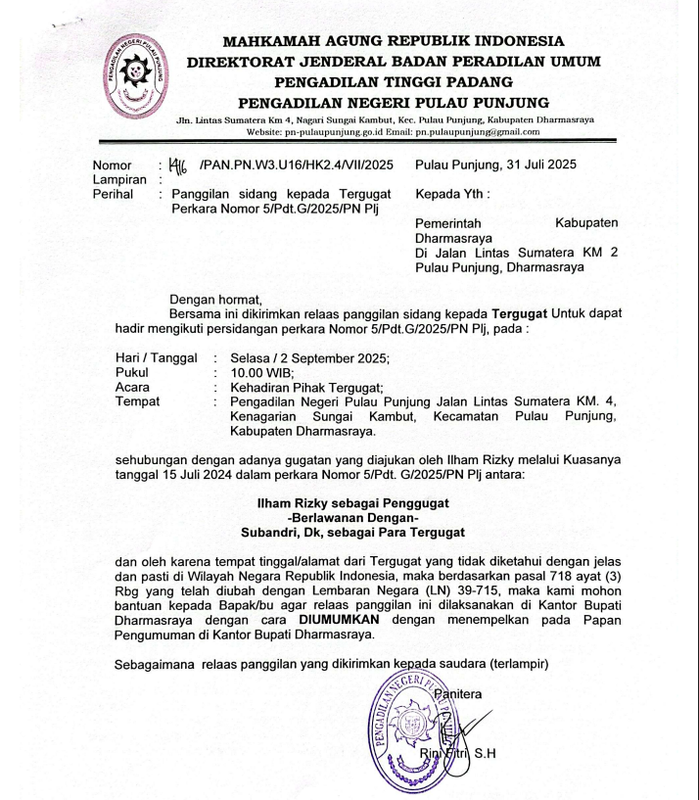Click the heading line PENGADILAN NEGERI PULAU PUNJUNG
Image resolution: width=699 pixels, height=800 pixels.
click(x=394, y=103)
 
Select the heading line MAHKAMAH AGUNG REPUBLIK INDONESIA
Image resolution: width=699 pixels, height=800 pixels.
click(x=394, y=41)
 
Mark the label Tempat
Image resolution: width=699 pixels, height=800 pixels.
click(x=137, y=401)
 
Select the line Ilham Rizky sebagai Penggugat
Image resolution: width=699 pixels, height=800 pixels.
click(x=352, y=505)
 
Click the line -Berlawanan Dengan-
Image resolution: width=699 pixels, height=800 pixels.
click(x=352, y=519)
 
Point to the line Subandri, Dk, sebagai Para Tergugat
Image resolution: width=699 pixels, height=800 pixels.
click(x=352, y=534)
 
